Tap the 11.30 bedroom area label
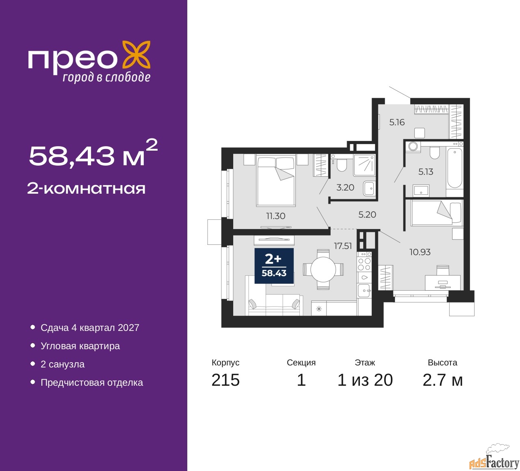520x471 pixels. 275,216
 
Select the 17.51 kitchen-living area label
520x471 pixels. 343,246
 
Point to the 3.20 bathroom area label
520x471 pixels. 345,187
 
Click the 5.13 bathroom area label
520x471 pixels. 426,171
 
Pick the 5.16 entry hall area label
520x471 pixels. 397,122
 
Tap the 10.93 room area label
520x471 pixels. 420,252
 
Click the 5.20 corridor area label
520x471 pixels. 367,214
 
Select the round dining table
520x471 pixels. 323,269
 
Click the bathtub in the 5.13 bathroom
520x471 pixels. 455,168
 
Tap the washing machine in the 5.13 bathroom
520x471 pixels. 412,146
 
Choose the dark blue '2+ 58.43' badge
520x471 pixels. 274,266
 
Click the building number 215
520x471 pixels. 225,380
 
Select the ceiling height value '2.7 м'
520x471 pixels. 442,380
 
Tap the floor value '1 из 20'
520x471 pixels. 365,380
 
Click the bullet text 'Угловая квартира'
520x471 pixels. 80,346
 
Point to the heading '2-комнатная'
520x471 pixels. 86,189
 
